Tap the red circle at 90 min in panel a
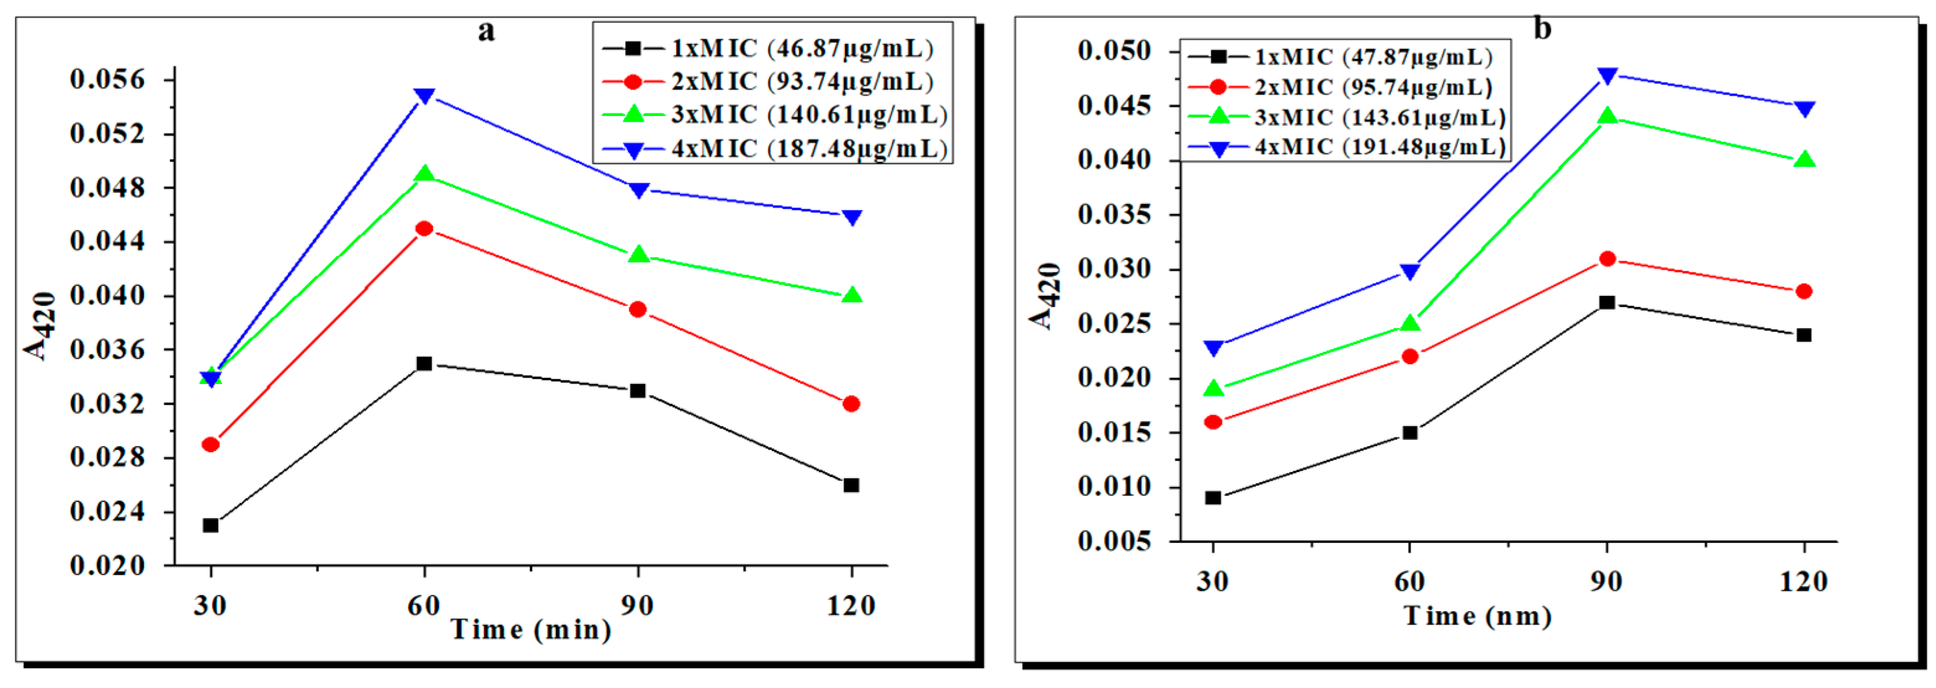[637, 309]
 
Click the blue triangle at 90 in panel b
[1607, 75]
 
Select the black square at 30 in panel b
[1212, 498]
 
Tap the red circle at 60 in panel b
[1410, 355]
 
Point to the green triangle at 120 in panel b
[1804, 160]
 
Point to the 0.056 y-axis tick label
[107, 79]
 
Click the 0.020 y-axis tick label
[107, 565]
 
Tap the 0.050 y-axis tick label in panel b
[1114, 51]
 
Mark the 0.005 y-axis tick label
[1114, 542]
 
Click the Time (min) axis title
[530, 629]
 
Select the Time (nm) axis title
[1478, 616]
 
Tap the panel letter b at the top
[1542, 29]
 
